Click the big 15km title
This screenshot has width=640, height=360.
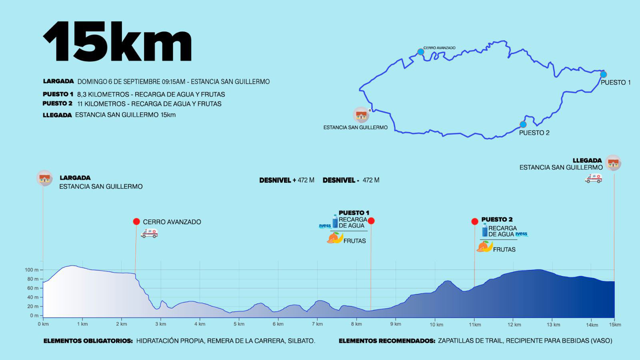pos(117,41)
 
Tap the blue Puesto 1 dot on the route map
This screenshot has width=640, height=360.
pos(603,74)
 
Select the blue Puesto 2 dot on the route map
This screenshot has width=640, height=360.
pos(523,124)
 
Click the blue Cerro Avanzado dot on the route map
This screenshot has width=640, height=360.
pos(420,52)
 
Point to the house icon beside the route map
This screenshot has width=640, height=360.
pos(361,115)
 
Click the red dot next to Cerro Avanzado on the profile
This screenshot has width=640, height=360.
pos(136,222)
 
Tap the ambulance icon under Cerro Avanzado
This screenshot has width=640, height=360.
pos(149,233)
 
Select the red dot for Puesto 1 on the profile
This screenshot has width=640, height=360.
pos(371,221)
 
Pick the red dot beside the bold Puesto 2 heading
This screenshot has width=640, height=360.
pos(474,222)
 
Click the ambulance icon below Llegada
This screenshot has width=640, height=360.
pos(593,178)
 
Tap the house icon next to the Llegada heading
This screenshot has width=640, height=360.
pos(613,163)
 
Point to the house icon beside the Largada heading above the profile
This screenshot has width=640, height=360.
pos(44,178)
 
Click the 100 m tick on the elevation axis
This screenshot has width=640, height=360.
pos(32,270)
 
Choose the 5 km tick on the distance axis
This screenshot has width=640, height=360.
pos(239,324)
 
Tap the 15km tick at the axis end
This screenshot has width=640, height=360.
pos(615,324)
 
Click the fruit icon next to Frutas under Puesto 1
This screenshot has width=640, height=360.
pos(335,238)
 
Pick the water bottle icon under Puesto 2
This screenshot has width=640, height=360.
pos(484,230)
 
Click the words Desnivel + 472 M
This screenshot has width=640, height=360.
pos(286,180)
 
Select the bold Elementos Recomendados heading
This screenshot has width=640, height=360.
pos(387,341)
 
